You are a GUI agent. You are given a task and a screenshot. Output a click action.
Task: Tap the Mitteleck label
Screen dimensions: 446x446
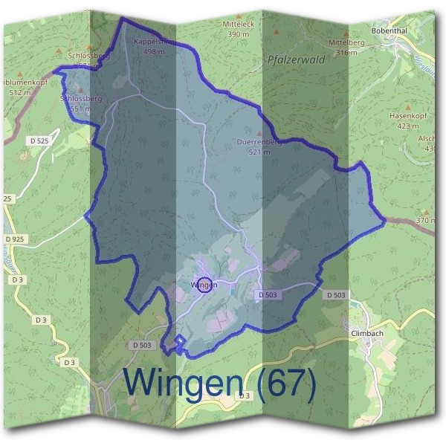point(238,25)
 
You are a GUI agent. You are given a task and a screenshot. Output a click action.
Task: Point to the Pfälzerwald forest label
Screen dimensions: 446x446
point(295,60)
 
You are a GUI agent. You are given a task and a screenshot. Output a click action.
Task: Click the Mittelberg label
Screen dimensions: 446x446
point(352,44)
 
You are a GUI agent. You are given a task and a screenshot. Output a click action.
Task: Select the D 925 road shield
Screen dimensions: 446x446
point(15,239)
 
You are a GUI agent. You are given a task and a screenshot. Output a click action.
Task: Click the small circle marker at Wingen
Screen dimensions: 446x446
point(206,284)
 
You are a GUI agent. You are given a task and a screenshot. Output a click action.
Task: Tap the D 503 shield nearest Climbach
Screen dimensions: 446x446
point(335,295)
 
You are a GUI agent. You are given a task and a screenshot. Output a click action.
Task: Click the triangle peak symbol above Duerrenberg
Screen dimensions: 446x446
point(259,133)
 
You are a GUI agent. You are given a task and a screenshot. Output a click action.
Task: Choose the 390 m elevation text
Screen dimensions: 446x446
point(238,34)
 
